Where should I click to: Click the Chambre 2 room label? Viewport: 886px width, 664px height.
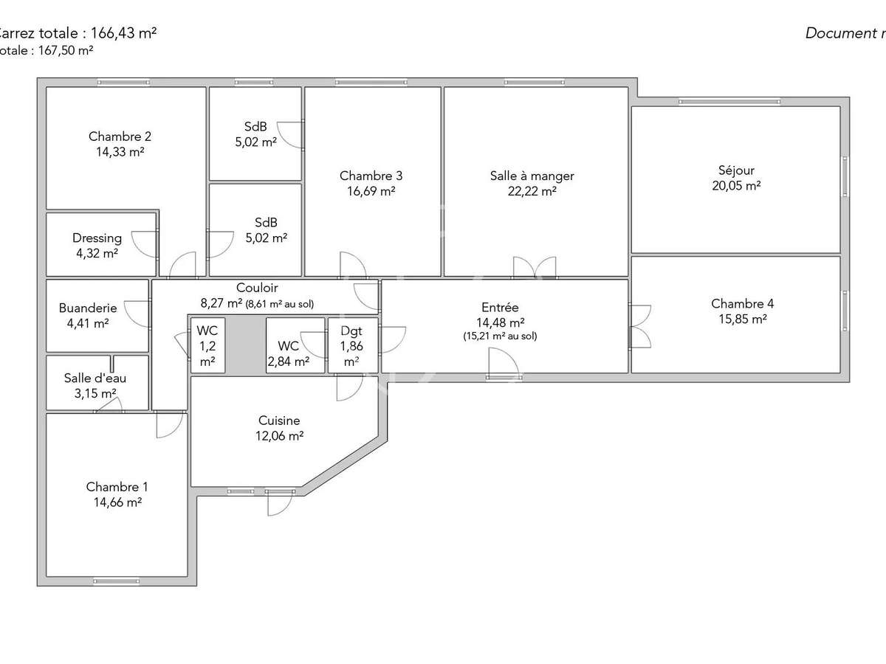(x=120, y=136)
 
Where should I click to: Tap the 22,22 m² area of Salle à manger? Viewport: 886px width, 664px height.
(x=532, y=191)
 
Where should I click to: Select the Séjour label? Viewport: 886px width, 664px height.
(x=736, y=170)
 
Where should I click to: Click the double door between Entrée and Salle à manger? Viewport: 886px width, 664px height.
(x=534, y=268)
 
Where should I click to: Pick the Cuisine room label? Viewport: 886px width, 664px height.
(x=279, y=421)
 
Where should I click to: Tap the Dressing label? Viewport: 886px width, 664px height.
(x=97, y=238)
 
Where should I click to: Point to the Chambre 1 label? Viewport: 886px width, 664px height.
(x=117, y=487)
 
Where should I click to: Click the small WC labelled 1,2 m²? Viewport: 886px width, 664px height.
(x=207, y=345)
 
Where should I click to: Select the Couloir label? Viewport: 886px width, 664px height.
(x=257, y=288)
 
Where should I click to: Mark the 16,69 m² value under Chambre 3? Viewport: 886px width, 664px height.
(x=371, y=191)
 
